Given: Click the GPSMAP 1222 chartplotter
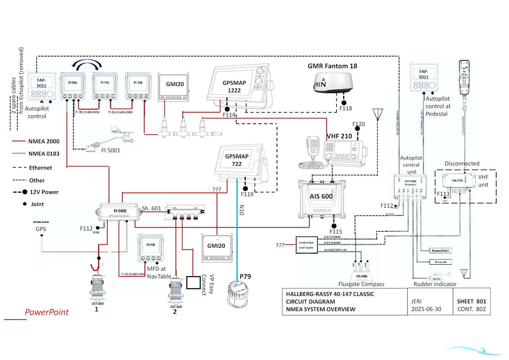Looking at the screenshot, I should point(238,86).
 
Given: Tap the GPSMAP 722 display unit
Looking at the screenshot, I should point(238,161).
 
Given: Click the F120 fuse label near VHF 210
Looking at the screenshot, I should point(359,124).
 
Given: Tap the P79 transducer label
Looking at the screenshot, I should point(245,276).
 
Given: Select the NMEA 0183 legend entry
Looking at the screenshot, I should point(44,154).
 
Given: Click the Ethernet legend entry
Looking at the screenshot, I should point(40,168).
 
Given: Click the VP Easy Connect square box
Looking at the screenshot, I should point(193,283).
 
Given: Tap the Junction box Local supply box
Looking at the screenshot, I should point(306,245).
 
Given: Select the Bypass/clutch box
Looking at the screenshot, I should point(440,251).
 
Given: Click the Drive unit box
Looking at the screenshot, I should point(440,262).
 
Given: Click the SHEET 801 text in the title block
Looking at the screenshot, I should point(471,302).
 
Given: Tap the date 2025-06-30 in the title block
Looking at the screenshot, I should point(426,309).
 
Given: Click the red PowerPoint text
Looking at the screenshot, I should point(47,312).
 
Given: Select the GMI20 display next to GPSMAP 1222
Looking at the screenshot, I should point(174,86).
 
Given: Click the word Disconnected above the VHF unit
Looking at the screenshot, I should point(462,164).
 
